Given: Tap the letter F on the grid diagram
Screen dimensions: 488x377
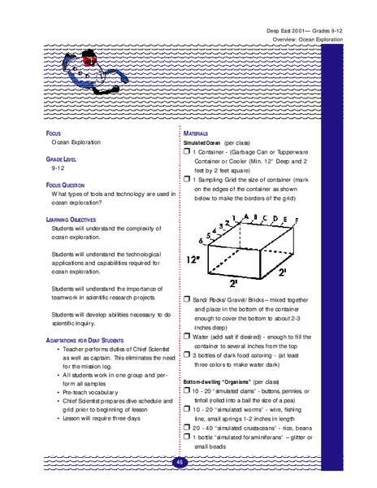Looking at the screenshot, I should tap(297, 221).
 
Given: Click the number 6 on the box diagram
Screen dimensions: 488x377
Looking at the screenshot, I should tap(201, 242).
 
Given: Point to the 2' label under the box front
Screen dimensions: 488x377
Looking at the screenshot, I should tap(233, 284).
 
